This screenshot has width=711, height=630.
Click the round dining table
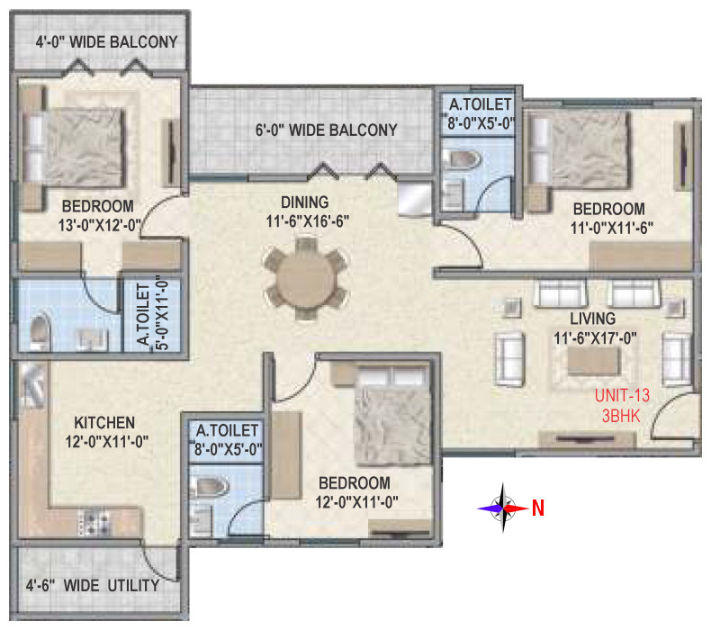click(306, 277)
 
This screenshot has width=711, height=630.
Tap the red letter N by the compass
click(538, 508)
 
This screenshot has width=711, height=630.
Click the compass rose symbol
click(502, 508)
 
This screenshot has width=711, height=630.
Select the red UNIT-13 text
click(622, 395)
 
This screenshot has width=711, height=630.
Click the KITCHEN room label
click(104, 423)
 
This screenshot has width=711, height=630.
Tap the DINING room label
click(305, 202)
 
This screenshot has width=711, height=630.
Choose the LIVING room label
click(593, 319)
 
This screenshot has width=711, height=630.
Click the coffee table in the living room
click(594, 361)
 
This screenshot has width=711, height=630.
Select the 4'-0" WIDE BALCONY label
click(106, 42)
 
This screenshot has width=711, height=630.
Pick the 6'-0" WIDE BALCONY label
click(326, 130)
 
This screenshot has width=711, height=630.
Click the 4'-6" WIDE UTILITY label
click(93, 586)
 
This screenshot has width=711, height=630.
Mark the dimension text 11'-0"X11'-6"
click(611, 228)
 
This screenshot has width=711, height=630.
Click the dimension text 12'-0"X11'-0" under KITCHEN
click(106, 442)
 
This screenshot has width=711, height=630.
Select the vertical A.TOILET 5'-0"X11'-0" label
click(152, 314)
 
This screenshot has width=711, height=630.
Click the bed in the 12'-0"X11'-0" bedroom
click(391, 416)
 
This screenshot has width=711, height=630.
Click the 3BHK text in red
click(621, 416)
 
